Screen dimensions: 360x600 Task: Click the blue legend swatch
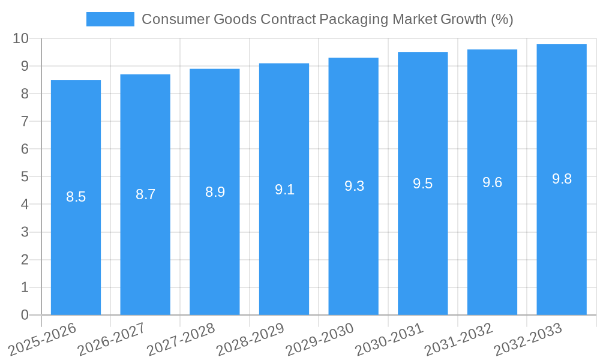click(x=110, y=19)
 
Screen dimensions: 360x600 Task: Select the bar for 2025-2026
click(x=76, y=252)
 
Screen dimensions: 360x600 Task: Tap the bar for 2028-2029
click(x=284, y=252)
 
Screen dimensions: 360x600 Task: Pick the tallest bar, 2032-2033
click(x=562, y=252)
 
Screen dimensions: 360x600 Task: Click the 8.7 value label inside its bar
click(x=145, y=194)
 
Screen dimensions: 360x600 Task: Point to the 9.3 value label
click(x=354, y=186)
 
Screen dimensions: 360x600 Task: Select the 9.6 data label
click(x=492, y=183)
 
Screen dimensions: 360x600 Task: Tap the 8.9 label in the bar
click(x=215, y=192)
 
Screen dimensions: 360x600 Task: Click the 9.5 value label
click(x=422, y=184)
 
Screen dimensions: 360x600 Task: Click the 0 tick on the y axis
click(x=25, y=315)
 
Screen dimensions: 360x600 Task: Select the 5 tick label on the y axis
click(x=25, y=177)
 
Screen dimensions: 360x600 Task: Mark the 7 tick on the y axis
click(x=25, y=121)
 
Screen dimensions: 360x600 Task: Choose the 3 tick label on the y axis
click(x=25, y=232)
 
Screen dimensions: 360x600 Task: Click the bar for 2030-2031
click(x=422, y=252)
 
